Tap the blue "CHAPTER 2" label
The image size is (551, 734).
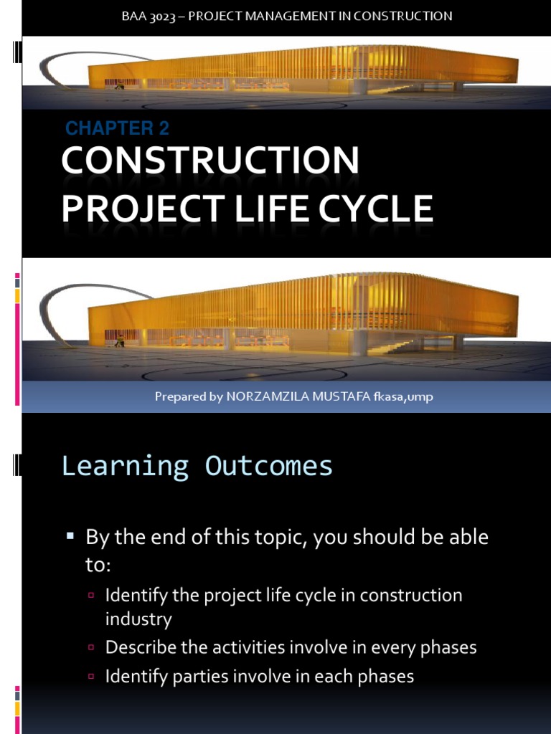(117, 128)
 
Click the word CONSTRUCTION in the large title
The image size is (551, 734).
(210, 161)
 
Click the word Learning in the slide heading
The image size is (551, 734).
(125, 466)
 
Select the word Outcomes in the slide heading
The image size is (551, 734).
(269, 466)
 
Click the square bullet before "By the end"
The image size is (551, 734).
(70, 535)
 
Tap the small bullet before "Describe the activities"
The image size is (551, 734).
(91, 647)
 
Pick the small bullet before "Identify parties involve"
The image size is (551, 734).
(91, 676)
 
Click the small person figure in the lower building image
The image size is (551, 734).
(120, 342)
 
